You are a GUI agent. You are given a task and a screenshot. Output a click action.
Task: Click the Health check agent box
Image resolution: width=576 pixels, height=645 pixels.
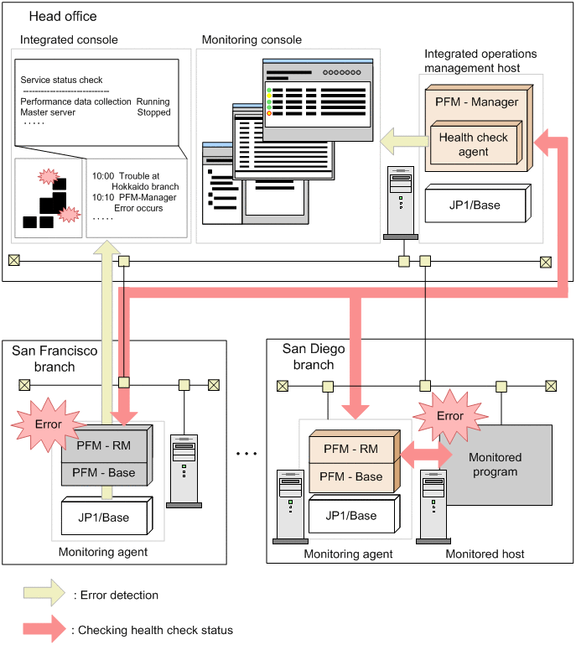coord(474,143)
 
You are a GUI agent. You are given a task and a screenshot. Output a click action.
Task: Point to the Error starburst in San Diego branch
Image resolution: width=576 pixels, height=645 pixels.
coord(450,415)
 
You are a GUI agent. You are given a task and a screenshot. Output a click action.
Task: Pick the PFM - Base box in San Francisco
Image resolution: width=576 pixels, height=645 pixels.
coord(103,472)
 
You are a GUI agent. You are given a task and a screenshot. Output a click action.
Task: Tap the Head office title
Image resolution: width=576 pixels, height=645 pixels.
coord(63,16)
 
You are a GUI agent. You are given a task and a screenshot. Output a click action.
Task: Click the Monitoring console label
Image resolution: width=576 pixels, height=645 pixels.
coord(252,39)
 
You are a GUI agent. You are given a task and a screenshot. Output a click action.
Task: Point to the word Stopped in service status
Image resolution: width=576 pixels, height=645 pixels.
coord(153,112)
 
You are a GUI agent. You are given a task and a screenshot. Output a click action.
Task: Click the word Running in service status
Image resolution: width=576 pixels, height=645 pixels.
coord(153,101)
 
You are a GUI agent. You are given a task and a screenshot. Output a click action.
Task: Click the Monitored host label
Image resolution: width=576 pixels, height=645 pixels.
coord(485,554)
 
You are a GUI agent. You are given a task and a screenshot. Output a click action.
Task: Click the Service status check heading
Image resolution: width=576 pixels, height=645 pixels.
coord(61,81)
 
